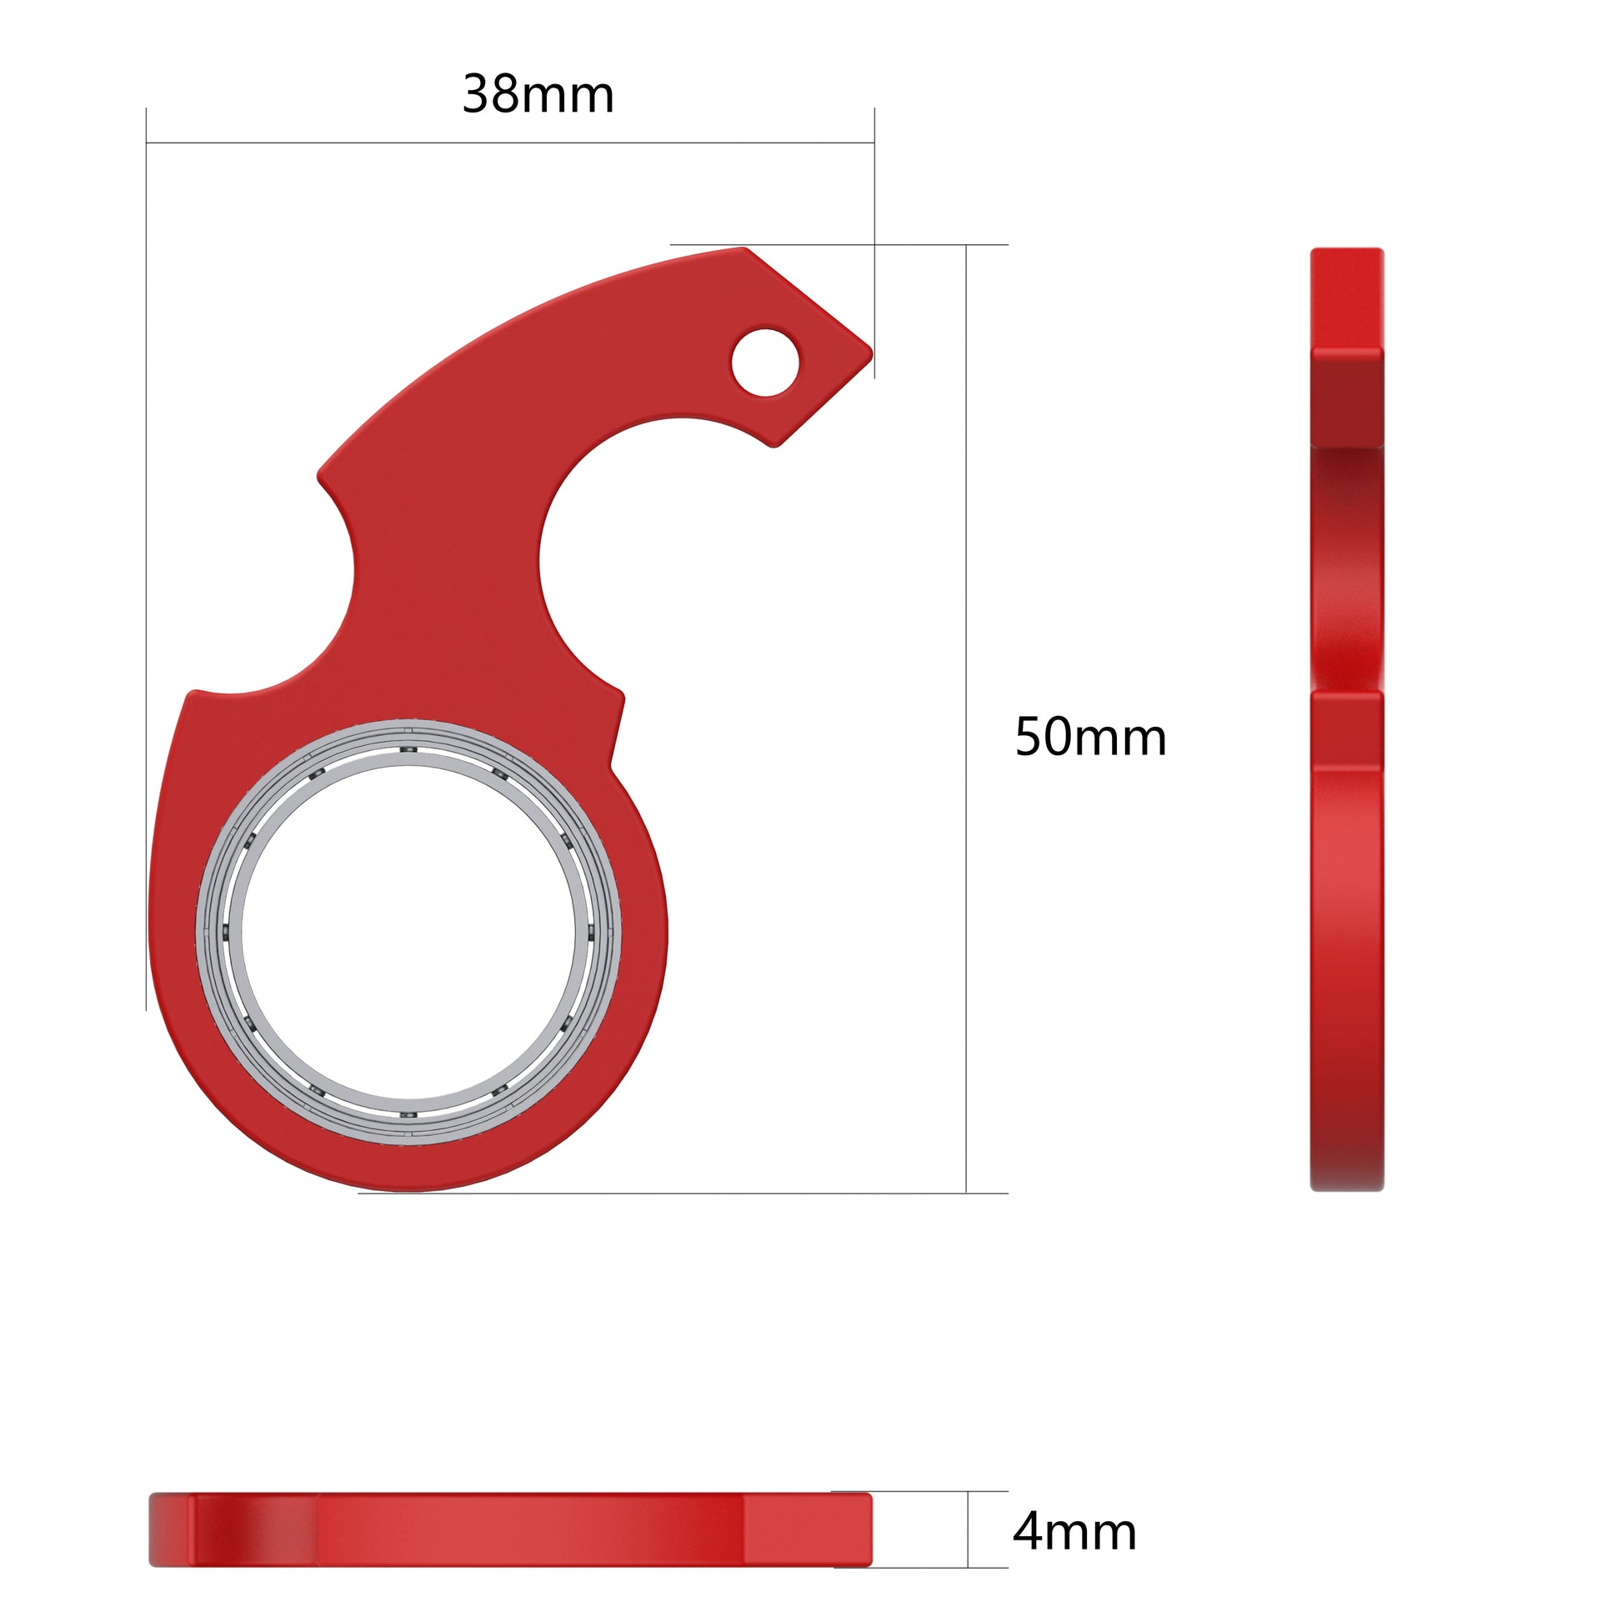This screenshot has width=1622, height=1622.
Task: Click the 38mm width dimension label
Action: (x=538, y=94)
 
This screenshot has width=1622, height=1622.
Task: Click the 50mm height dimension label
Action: (x=1089, y=737)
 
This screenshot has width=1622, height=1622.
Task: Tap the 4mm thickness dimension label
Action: (x=1074, y=1531)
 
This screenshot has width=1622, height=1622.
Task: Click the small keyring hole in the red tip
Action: (x=765, y=362)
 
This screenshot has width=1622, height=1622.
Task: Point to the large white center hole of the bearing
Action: (x=409, y=932)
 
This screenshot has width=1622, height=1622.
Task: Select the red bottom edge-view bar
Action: (x=510, y=1529)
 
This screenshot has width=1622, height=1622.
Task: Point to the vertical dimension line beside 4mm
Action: (x=967, y=1529)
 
